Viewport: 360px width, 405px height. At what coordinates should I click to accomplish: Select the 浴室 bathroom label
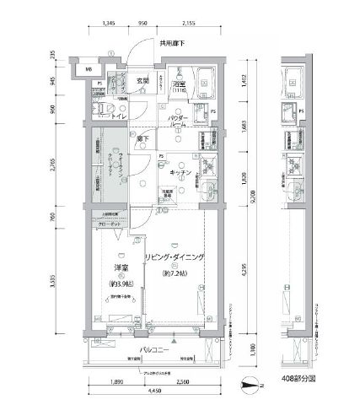point(179,84)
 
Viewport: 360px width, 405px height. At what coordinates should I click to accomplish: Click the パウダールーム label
point(177,121)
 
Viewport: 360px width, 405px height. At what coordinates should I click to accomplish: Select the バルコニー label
point(148,344)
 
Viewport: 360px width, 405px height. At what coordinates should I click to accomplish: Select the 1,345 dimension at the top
point(107,26)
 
